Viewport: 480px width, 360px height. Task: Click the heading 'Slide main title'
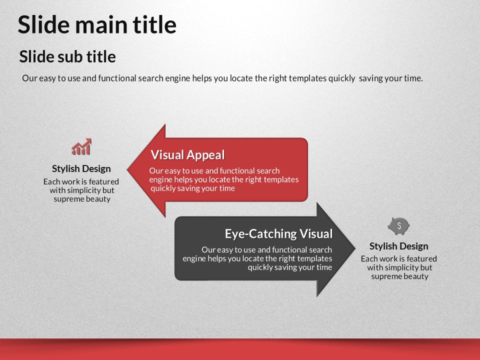pyautogui.click(x=97, y=24)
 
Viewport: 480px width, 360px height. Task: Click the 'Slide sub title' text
pyautogui.click(x=67, y=56)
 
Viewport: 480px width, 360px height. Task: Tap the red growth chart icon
pyautogui.click(x=81, y=146)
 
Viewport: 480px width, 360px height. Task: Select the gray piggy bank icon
pyautogui.click(x=398, y=226)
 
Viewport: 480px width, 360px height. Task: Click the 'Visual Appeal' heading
pyautogui.click(x=187, y=155)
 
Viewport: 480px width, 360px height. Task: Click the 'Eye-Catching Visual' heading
pyautogui.click(x=278, y=233)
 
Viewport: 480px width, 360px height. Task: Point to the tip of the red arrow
pyautogui.click(x=127, y=169)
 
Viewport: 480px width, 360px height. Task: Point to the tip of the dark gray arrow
pyautogui.click(x=355, y=248)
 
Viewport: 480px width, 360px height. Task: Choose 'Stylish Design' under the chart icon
pyautogui.click(x=81, y=168)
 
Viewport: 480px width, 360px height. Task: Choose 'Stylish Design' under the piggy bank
pyautogui.click(x=398, y=246)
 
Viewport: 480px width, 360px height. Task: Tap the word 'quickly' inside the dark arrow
pyautogui.click(x=260, y=267)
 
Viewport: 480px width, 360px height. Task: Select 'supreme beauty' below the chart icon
pyautogui.click(x=82, y=199)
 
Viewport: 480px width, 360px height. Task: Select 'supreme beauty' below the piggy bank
pyautogui.click(x=400, y=276)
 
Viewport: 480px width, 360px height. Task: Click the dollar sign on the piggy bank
pyautogui.click(x=399, y=225)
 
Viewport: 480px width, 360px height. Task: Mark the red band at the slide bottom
pyautogui.click(x=240, y=349)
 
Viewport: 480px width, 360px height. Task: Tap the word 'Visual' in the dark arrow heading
pyautogui.click(x=316, y=233)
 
